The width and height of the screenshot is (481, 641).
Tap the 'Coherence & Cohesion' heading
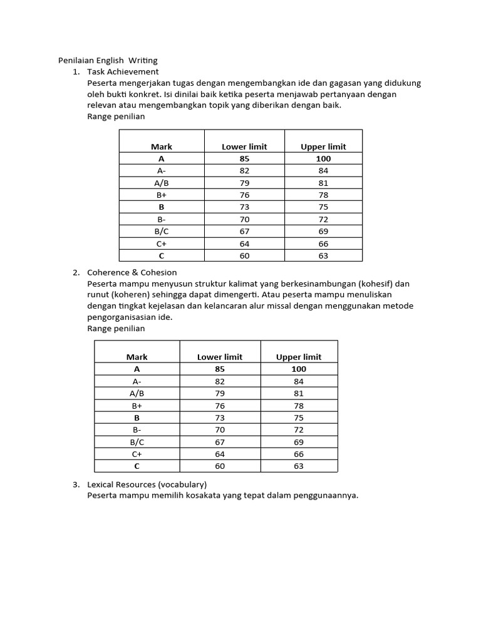coord(132,272)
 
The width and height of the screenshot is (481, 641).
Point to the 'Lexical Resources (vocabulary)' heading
coord(147,485)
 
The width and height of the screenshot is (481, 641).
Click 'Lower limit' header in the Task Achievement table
coord(244,146)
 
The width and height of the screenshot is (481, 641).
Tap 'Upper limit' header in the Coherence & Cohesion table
coord(299,357)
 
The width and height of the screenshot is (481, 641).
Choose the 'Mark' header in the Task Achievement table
coord(162,146)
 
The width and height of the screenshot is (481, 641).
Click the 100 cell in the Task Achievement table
coord(323,158)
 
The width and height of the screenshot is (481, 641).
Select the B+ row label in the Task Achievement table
coord(162,195)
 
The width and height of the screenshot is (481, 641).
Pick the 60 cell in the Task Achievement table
coord(244,255)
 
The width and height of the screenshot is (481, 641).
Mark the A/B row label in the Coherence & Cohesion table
coord(137,394)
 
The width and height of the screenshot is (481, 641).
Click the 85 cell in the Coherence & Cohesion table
coord(220,369)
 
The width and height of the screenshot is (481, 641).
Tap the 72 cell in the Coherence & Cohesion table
coord(299,430)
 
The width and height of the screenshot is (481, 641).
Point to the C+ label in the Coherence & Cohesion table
coord(137,454)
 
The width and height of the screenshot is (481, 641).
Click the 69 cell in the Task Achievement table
coord(323,232)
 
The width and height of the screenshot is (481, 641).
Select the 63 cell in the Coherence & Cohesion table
coord(299,466)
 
